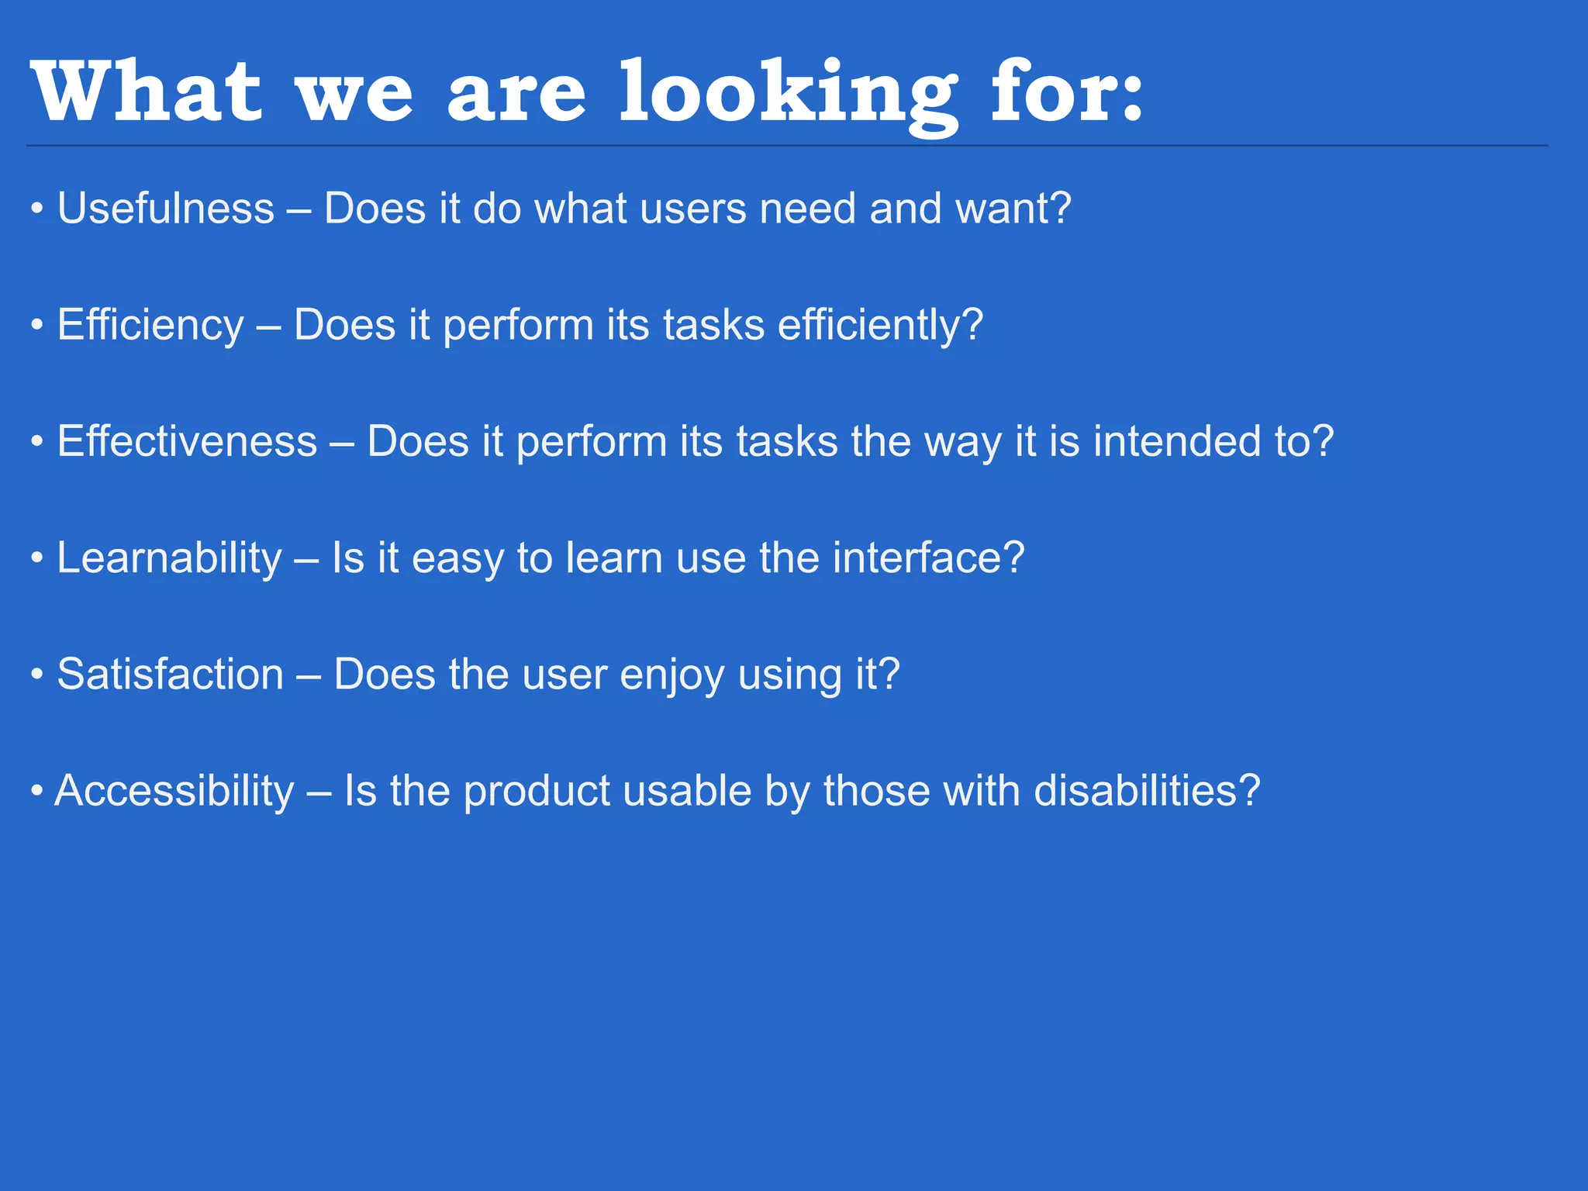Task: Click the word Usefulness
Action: (x=166, y=209)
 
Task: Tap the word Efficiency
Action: (x=150, y=325)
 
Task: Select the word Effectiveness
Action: (x=187, y=441)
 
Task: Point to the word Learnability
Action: (x=169, y=558)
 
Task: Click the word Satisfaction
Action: (x=171, y=675)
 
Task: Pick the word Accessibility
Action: (x=174, y=791)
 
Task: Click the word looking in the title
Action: (x=789, y=93)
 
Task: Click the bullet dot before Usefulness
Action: (x=36, y=210)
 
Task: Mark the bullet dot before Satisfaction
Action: (x=36, y=675)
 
